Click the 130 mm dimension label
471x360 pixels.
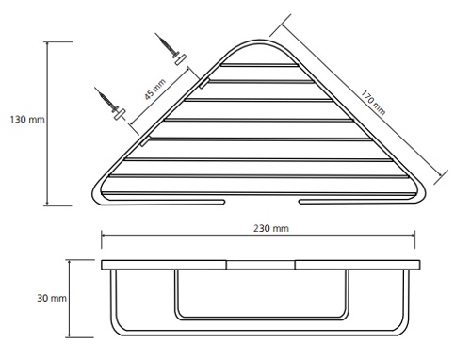[x=27, y=120]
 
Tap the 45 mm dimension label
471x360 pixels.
[x=154, y=90]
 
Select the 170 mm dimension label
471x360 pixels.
[x=373, y=103]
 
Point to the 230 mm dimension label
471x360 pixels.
[x=271, y=228]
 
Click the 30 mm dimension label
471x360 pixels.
[x=52, y=298]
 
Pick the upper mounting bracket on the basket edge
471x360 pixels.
[x=204, y=83]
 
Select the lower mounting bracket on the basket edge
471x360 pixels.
[x=145, y=141]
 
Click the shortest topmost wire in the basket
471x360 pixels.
[x=259, y=65]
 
